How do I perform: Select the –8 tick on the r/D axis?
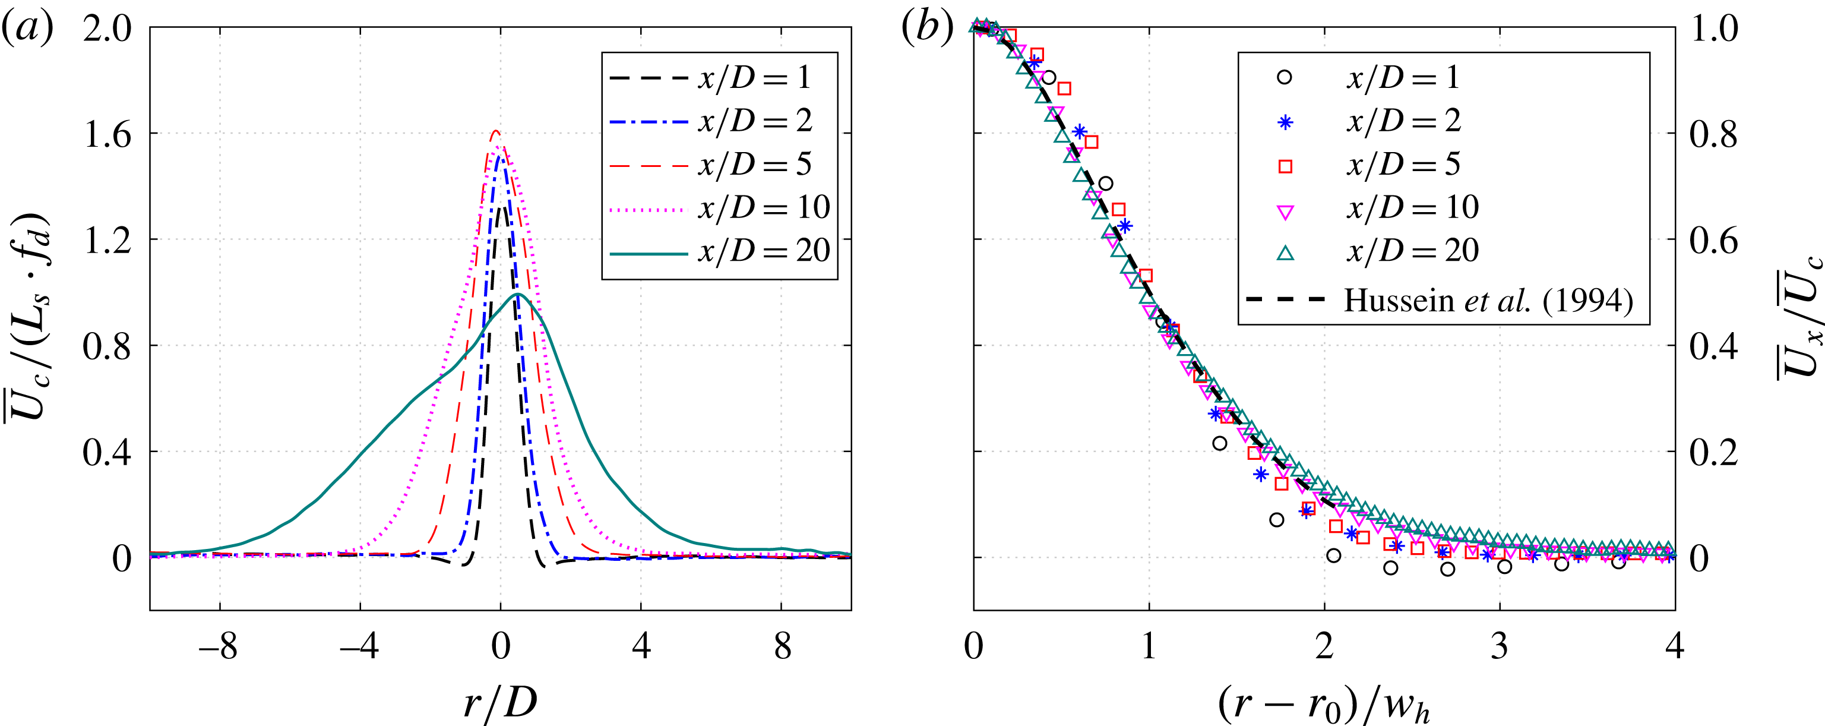[x=218, y=646]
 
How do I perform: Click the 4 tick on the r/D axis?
[x=641, y=646]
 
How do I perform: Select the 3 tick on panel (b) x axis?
[x=1500, y=646]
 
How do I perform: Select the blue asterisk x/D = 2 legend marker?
[x=1285, y=122]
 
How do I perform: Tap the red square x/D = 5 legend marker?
[x=1285, y=166]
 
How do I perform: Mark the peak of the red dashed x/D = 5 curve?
[x=496, y=131]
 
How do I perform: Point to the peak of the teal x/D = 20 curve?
[x=518, y=293]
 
